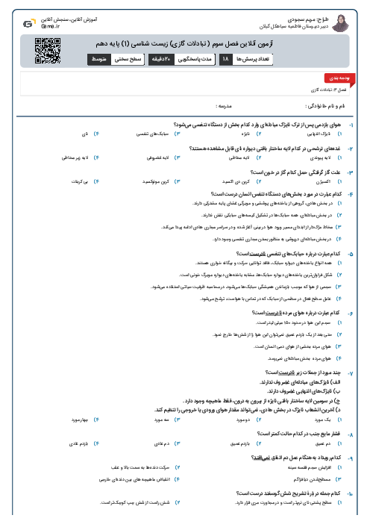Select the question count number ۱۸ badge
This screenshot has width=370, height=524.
(x=226, y=57)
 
